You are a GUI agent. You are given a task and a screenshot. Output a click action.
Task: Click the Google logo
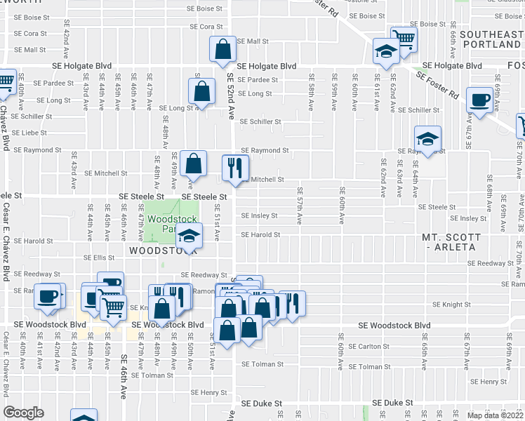23,413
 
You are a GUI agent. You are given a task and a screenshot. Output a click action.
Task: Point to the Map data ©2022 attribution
496,415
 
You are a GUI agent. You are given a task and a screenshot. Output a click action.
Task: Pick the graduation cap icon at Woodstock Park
189,236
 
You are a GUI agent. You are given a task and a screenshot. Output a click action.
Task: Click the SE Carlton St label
366,347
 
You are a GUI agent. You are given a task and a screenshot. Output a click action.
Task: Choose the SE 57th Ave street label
300,205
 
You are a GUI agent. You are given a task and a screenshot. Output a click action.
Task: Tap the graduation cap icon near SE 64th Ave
427,139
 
